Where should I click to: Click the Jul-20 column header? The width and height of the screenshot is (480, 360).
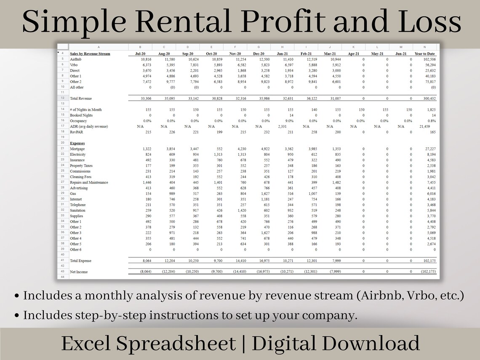pos(140,54)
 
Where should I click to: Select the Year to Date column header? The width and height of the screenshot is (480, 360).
pos(425,54)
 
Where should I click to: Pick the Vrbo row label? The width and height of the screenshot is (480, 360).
pos(74,65)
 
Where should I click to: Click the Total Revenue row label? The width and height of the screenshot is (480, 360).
pos(80,98)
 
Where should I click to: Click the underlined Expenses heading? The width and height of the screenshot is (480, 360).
pos(77,143)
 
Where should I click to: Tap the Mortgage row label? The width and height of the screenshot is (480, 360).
pos(77,149)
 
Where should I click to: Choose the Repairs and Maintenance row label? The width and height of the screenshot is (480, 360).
pos(89,182)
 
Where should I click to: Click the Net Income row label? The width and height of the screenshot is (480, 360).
pos(79,272)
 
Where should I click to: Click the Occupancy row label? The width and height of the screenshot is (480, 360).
pos(78,121)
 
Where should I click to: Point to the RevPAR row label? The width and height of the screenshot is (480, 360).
pos(76,132)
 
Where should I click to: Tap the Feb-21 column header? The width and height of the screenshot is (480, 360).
pos(307,54)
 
